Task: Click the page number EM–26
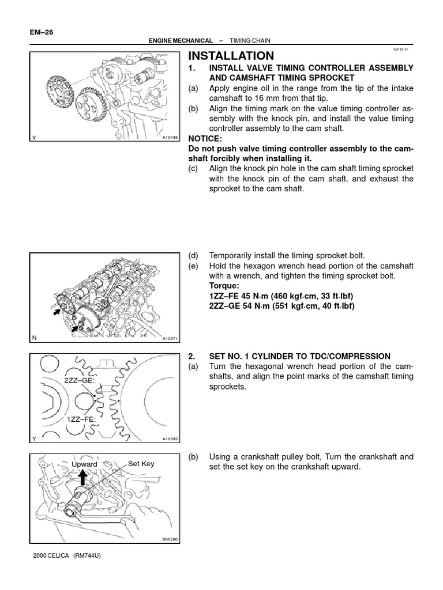(x=40, y=32)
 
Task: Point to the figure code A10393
(x=171, y=439)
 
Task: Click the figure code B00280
(x=171, y=539)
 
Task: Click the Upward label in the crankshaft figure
(x=84, y=464)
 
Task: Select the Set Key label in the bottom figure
(x=141, y=463)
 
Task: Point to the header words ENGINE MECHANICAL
(x=179, y=41)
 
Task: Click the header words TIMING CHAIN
(x=250, y=41)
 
